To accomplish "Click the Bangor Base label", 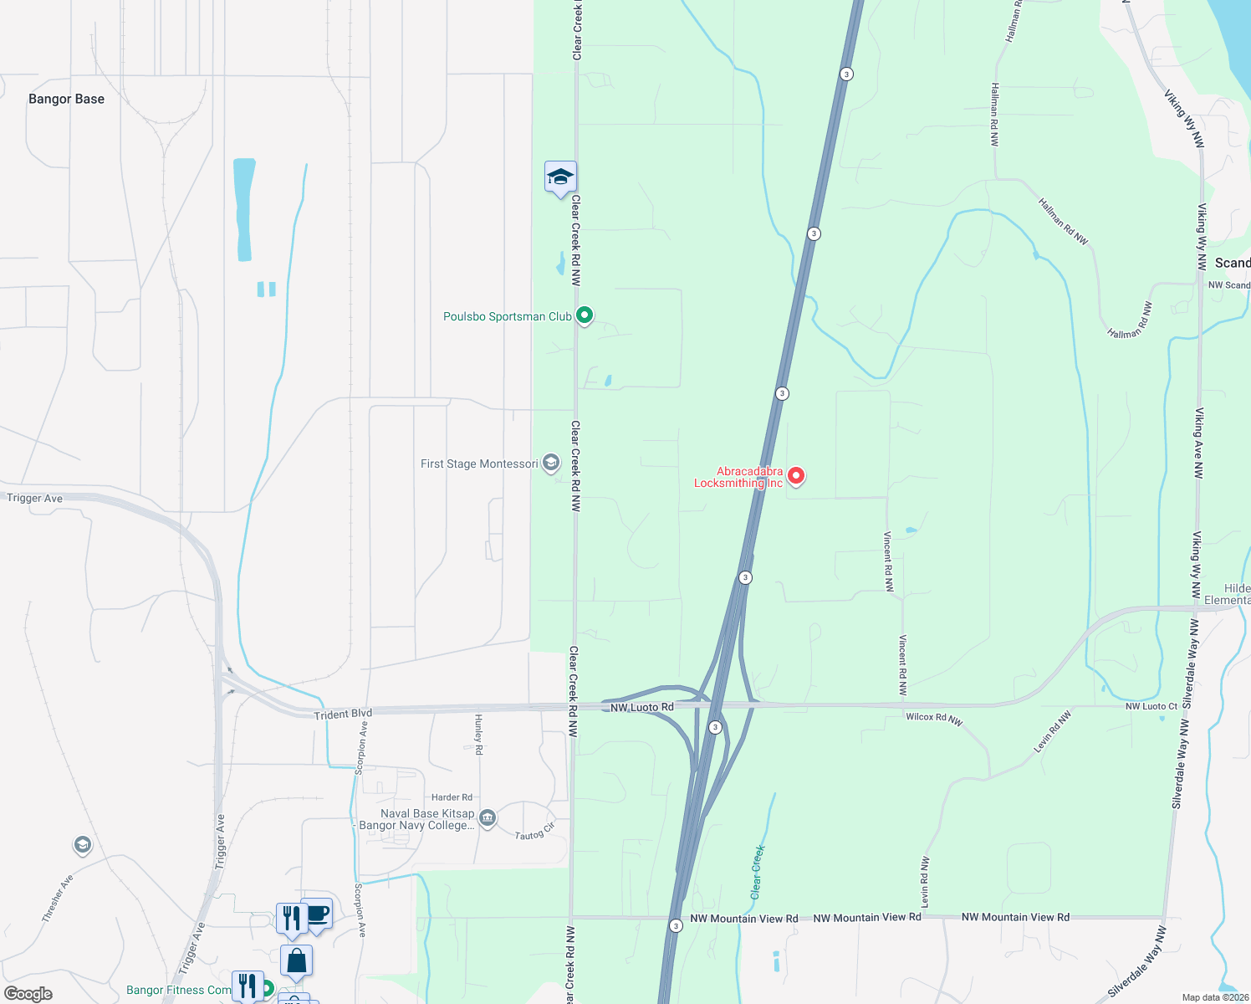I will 66,99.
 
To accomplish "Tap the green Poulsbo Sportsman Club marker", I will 585,315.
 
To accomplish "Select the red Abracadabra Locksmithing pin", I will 796,476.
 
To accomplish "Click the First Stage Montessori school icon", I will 550,463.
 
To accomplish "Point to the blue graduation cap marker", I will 560,177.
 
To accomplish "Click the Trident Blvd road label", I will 343,714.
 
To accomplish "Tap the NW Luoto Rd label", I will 641,707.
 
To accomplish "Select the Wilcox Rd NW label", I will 933,718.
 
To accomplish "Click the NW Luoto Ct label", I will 1151,706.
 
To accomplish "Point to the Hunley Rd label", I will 478,734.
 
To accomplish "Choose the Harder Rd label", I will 452,797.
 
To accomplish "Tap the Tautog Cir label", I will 534,831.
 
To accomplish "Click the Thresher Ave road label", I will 57,898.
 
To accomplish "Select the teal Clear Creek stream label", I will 757,872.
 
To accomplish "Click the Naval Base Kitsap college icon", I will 488,817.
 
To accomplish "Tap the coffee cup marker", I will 318,913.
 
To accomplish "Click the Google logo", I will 28,994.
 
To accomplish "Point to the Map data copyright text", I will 1215,997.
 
